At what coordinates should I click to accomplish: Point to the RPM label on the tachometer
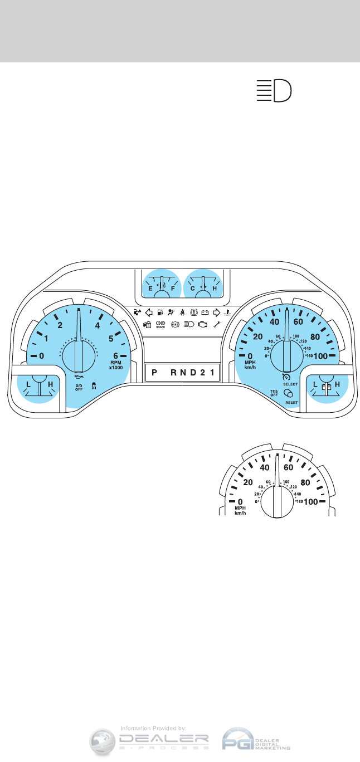click(x=115, y=363)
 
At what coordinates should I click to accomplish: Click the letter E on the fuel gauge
click(x=150, y=289)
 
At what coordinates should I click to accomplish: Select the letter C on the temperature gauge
click(x=192, y=289)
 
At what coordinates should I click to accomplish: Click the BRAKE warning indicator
click(x=161, y=324)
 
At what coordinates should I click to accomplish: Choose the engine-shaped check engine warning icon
click(x=202, y=324)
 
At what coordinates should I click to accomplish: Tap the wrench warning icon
click(x=217, y=324)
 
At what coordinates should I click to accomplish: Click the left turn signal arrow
click(x=149, y=312)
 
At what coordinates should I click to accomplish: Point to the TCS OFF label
click(x=274, y=394)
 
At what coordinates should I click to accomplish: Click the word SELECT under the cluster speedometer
click(x=291, y=384)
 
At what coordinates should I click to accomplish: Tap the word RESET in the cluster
click(x=291, y=402)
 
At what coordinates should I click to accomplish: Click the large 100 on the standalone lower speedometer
click(x=311, y=501)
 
